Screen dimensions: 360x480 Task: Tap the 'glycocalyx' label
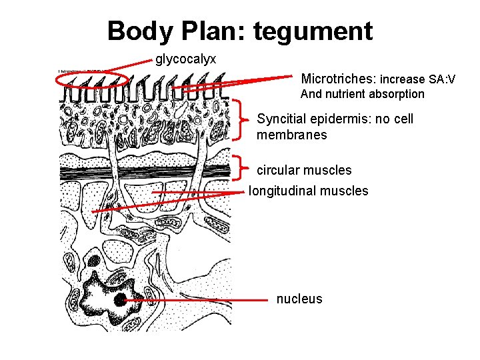pyautogui.click(x=185, y=59)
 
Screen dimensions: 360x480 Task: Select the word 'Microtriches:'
pyautogui.click(x=339, y=79)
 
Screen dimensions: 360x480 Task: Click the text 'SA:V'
pyautogui.click(x=442, y=79)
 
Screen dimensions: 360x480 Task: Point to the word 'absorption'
pyautogui.click(x=394, y=94)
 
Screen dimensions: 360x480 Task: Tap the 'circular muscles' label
pyautogui.click(x=304, y=170)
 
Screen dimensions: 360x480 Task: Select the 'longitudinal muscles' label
pyautogui.click(x=308, y=191)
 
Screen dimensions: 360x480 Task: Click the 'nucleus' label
pyautogui.click(x=299, y=299)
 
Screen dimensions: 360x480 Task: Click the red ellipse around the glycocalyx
pyautogui.click(x=92, y=79)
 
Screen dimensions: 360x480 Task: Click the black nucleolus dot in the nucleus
pyautogui.click(x=120, y=300)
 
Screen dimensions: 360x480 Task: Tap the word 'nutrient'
pyautogui.click(x=345, y=94)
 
